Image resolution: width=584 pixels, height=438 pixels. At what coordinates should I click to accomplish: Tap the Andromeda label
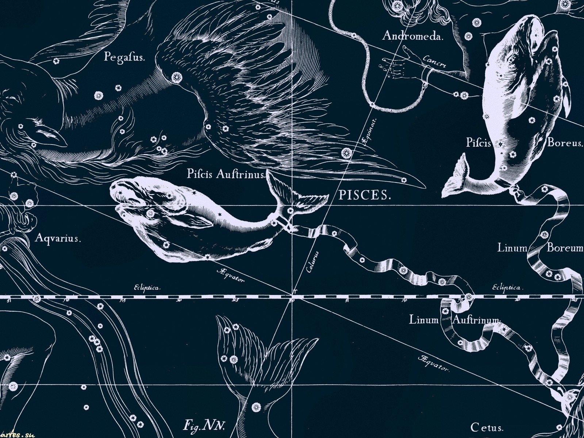[x=412, y=36]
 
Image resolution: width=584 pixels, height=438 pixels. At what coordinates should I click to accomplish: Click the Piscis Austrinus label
[x=226, y=174]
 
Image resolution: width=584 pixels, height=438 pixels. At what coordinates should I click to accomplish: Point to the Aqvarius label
[x=58, y=239]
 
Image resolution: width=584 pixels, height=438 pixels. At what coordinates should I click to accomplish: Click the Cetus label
[x=487, y=427]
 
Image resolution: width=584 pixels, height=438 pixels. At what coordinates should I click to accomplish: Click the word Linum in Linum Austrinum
[x=423, y=320]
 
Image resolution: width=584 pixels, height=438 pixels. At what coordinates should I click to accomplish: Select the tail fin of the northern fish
[x=456, y=179]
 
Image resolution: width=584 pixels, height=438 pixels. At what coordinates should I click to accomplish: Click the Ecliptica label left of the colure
[x=147, y=288]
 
